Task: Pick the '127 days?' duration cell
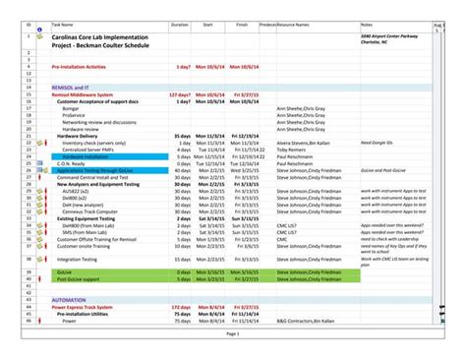tap(179, 94)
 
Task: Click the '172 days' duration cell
tap(180, 307)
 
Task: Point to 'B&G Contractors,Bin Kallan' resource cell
tap(310, 321)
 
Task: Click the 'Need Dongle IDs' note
tap(378, 143)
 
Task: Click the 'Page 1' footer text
tap(233, 334)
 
